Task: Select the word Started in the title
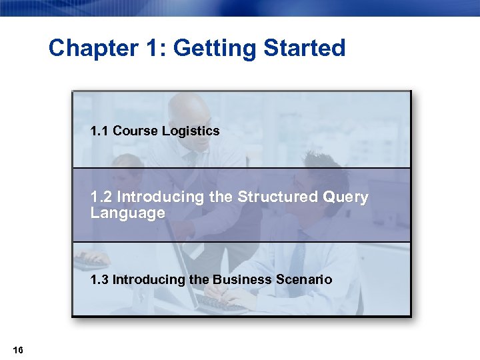305,48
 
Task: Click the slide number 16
18,350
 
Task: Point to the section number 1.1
100,131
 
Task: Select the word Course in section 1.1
135,131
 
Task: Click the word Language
127,213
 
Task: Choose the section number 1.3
100,279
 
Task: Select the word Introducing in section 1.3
149,279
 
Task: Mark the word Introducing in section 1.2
157,197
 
